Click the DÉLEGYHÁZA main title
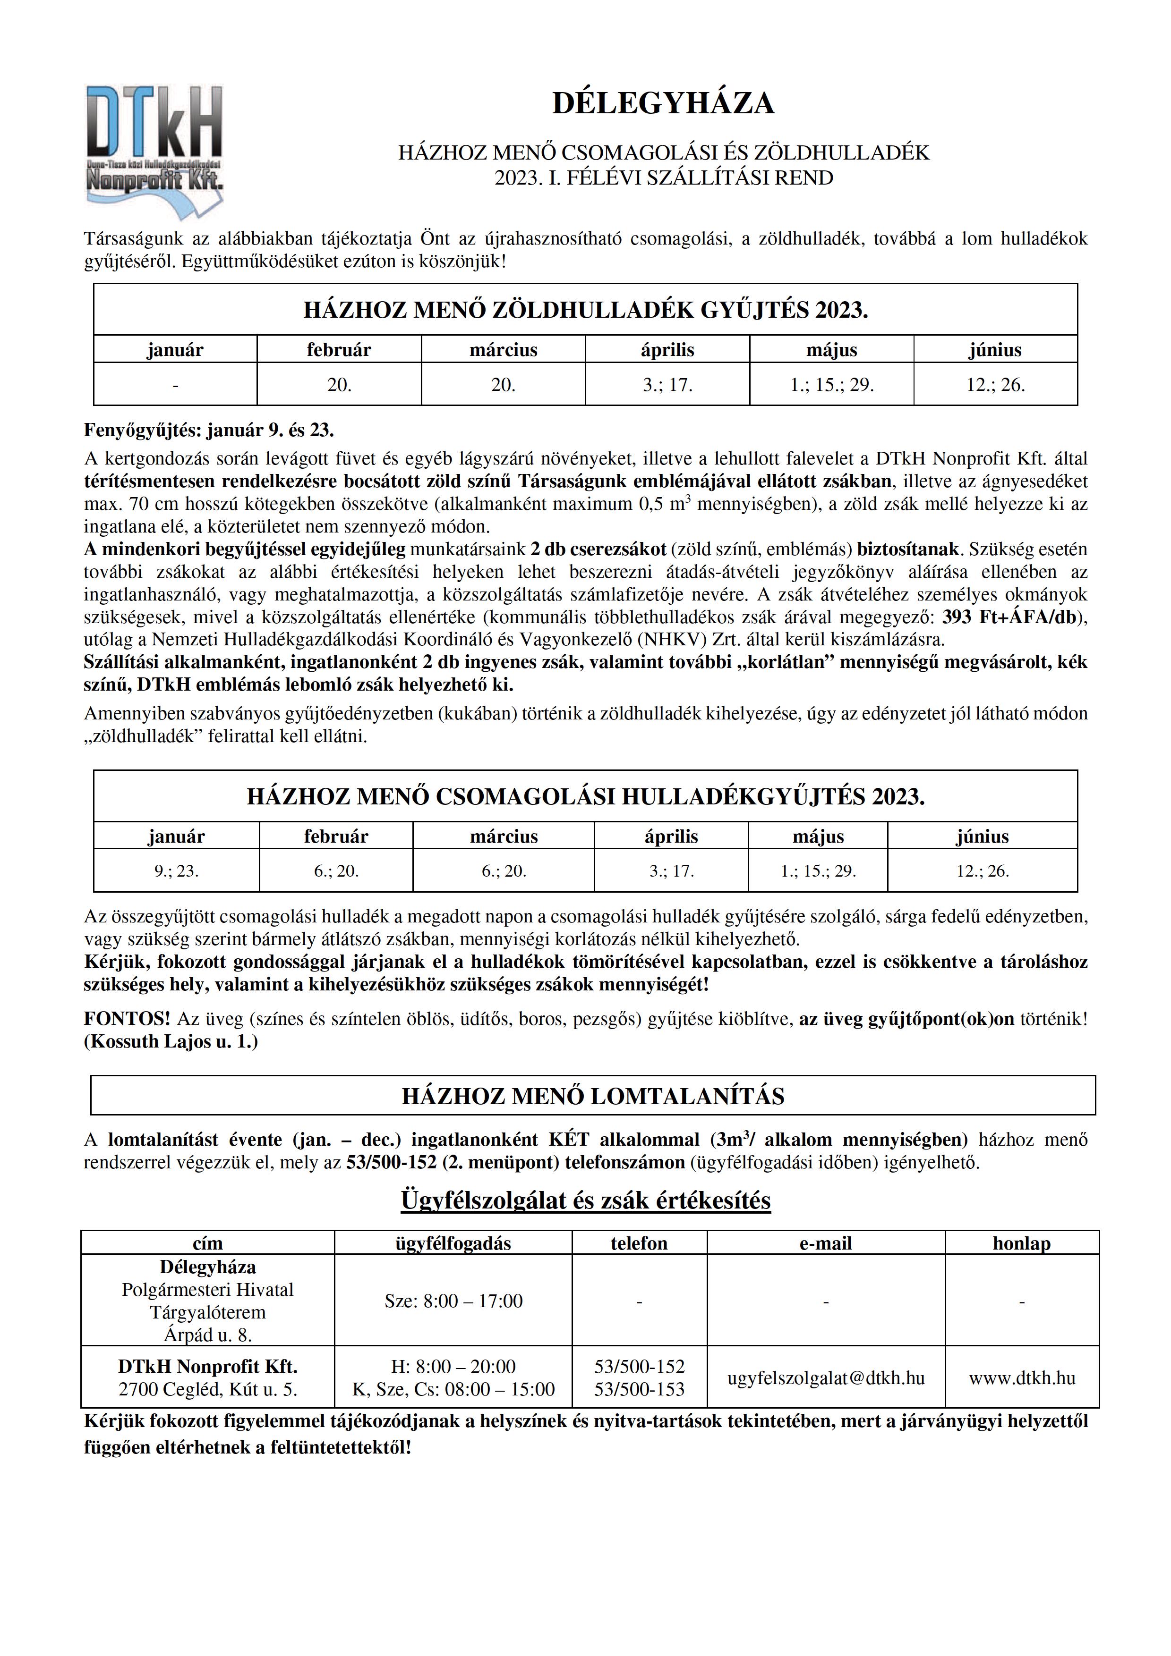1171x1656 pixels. click(663, 103)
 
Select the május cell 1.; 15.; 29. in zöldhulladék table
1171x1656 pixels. click(831, 385)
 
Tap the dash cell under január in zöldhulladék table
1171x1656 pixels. click(175, 385)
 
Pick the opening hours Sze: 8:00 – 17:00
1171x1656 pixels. click(453, 1301)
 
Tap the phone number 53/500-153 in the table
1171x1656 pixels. click(639, 1389)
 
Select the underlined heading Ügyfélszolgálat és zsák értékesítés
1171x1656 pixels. click(585, 1200)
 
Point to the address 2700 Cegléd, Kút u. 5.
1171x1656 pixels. click(208, 1389)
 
